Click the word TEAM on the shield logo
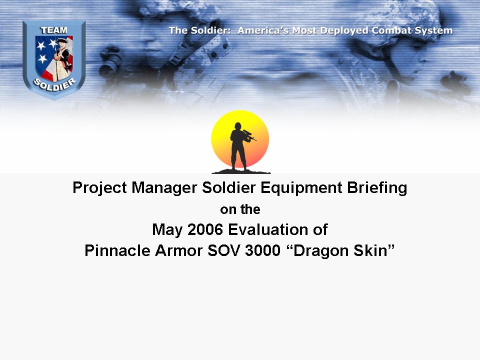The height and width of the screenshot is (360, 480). [54, 30]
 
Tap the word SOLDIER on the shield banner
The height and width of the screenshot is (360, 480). [54, 84]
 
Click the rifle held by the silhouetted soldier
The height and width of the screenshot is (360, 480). [249, 135]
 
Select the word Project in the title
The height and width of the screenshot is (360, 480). [99, 187]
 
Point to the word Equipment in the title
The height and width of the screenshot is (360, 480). [301, 187]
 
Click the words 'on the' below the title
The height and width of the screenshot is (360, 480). [240, 209]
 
